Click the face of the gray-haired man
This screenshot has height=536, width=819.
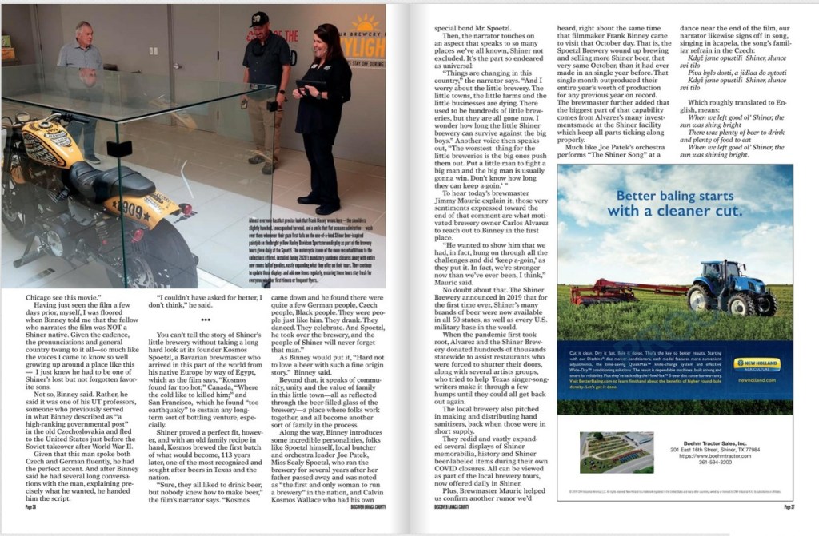click(x=84, y=32)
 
